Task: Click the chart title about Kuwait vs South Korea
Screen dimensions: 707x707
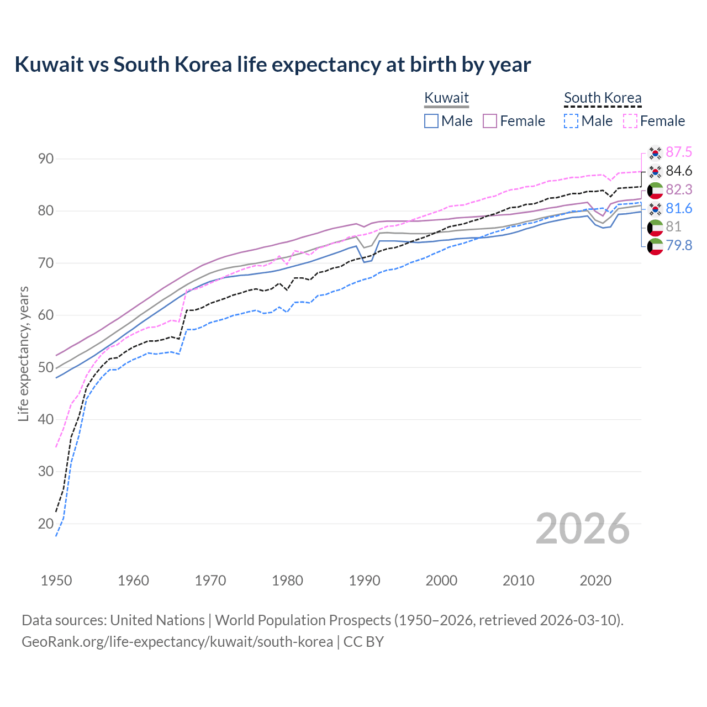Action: click(x=272, y=65)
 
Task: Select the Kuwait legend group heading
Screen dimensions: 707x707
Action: click(x=446, y=98)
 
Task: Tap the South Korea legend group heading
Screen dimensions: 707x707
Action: click(x=603, y=98)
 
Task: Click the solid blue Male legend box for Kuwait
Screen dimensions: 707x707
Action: click(x=431, y=121)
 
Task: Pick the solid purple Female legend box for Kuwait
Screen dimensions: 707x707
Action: click(x=490, y=121)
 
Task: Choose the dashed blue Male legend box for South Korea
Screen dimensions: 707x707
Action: click(x=571, y=121)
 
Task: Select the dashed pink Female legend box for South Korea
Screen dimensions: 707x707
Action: click(x=630, y=121)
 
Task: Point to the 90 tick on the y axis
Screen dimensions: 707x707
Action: click(x=46, y=159)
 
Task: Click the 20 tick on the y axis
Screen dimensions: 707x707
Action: click(x=46, y=524)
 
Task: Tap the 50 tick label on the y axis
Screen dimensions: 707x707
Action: click(x=46, y=367)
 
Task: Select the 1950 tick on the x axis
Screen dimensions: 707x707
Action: click(x=56, y=581)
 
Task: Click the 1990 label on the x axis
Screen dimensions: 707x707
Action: click(x=365, y=581)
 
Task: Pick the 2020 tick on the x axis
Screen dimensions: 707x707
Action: click(x=595, y=581)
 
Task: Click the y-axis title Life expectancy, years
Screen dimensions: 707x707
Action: click(x=24, y=353)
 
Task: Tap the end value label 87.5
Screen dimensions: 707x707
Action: click(x=679, y=152)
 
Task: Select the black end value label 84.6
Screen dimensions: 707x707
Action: click(x=679, y=171)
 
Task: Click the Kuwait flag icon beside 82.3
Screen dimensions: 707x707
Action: click(x=655, y=190)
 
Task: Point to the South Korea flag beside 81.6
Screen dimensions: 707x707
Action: click(x=655, y=209)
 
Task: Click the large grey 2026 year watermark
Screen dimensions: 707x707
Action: click(x=583, y=529)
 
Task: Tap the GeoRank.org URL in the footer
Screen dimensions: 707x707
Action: click(x=177, y=642)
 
